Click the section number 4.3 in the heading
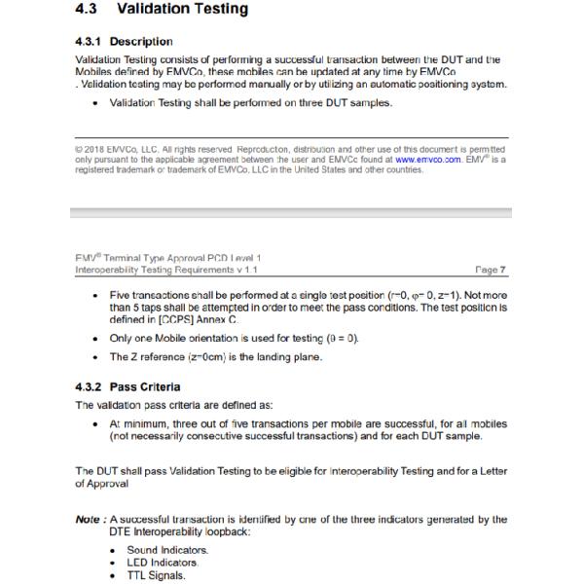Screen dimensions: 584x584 pyautogui.click(x=89, y=10)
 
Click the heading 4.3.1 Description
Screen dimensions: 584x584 pyautogui.click(x=124, y=42)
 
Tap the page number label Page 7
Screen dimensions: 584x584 pyautogui.click(x=492, y=270)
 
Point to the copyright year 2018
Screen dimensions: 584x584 pyautogui.click(x=96, y=149)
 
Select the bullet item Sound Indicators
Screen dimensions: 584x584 pyautogui.click(x=167, y=550)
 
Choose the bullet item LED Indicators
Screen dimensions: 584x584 pyautogui.click(x=163, y=563)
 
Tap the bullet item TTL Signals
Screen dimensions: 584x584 pyautogui.click(x=157, y=575)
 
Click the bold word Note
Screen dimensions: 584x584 pyautogui.click(x=90, y=520)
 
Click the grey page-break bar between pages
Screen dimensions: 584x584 pyautogui.click(x=292, y=212)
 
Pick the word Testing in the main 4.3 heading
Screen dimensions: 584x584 pyautogui.click(x=220, y=10)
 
